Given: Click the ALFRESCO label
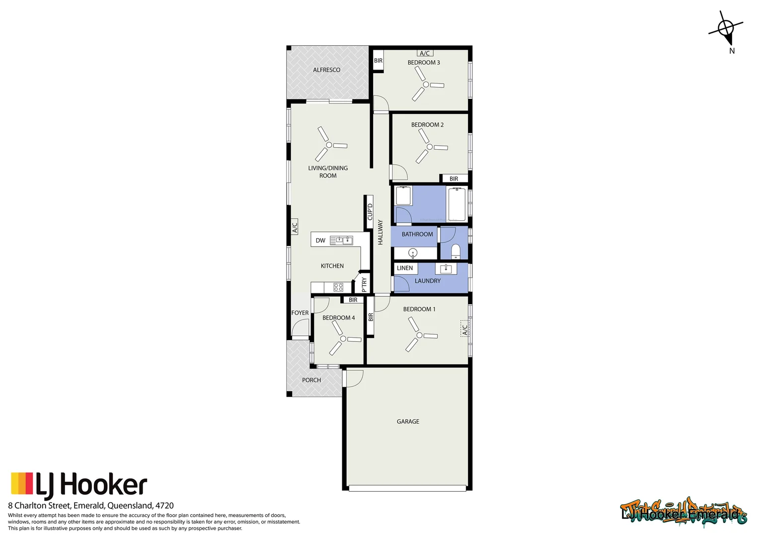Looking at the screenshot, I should [x=326, y=70].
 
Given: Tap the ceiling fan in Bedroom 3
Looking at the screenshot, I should [x=426, y=85].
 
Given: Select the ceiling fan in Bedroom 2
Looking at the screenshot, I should [x=429, y=147].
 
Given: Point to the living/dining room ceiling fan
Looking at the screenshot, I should [x=329, y=145].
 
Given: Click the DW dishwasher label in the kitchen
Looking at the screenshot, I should [x=320, y=241].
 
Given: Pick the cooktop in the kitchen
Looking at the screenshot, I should [x=338, y=287].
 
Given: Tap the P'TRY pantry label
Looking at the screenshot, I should [x=364, y=284].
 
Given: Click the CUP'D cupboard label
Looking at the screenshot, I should [x=370, y=211].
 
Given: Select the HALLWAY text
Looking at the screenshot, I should [x=380, y=232].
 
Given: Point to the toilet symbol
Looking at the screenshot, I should [x=455, y=251].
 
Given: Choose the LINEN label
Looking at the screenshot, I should [x=405, y=268].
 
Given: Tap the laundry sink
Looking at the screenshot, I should [x=446, y=269].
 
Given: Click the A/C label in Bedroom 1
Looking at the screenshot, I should [x=464, y=328].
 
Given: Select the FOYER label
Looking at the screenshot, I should [x=300, y=313].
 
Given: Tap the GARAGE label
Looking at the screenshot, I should [x=408, y=422].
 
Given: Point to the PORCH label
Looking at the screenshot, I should [x=311, y=380].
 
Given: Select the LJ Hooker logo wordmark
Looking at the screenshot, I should [x=91, y=486].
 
